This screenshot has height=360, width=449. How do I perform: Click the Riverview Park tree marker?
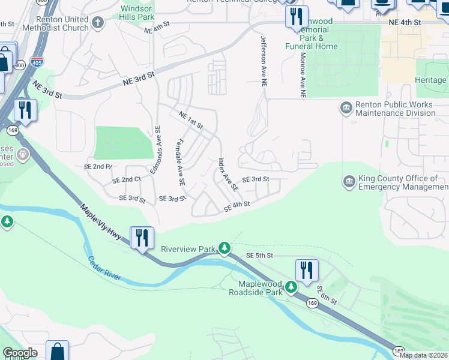tap(224, 248)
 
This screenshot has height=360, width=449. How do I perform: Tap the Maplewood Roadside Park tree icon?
tap(291, 287)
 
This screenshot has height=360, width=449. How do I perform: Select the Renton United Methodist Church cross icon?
tap(98, 23)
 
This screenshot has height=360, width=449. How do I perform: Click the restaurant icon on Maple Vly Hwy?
tap(142, 238)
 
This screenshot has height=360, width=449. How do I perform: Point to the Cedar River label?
tap(105, 268)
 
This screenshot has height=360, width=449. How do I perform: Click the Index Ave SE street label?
tap(228, 175)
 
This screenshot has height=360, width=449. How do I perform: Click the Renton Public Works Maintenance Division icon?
tap(346, 108)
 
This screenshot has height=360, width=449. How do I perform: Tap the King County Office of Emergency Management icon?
tap(349, 181)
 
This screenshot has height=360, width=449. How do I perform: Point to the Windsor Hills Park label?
tap(137, 13)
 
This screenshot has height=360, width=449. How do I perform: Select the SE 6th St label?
tap(327, 295)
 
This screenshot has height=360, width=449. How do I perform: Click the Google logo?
tap(19, 353)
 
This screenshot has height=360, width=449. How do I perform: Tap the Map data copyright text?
tap(424, 355)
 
